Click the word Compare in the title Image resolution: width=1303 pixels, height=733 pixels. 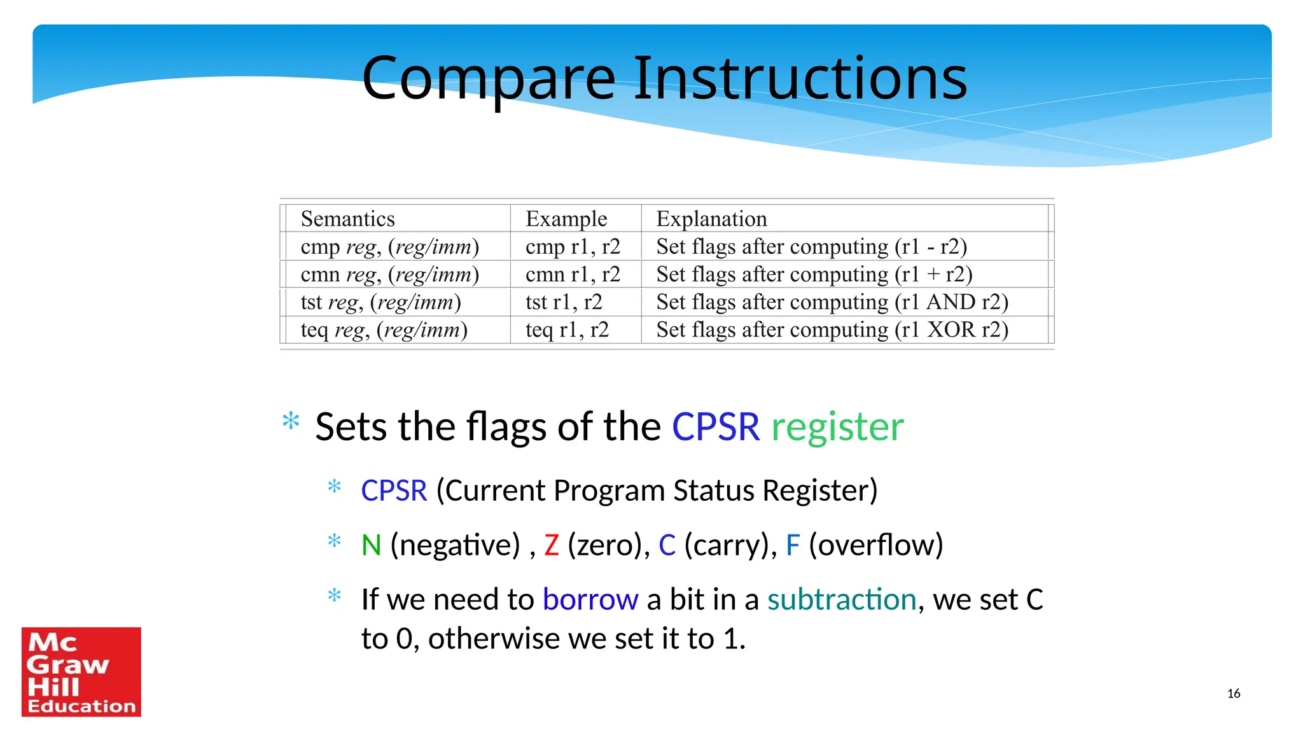coord(489,79)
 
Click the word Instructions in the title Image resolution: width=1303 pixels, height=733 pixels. coord(800,79)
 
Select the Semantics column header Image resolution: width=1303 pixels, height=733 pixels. coord(347,219)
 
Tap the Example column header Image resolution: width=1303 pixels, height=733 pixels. coord(566,219)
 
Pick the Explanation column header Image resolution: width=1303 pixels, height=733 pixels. coord(711,219)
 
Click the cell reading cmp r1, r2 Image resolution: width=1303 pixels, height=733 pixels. coord(572,247)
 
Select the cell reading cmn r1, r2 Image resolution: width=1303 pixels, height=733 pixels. coord(572,274)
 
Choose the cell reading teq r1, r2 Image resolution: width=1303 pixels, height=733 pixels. coord(566,330)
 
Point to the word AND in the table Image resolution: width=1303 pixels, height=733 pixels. coord(951,302)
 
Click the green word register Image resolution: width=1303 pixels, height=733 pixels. coord(837,427)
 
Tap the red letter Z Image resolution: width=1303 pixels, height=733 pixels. coord(552,545)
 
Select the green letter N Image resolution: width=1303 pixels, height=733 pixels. coord(371,545)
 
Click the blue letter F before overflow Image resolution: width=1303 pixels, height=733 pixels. coord(792,545)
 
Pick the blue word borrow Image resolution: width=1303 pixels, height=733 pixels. coord(590,600)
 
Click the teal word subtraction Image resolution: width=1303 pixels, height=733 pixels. coord(841,600)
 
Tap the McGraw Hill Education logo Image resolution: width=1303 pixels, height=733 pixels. coord(81,672)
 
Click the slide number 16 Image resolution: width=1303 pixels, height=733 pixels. coord(1233,694)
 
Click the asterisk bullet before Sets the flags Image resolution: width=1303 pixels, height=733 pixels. coord(291,421)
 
